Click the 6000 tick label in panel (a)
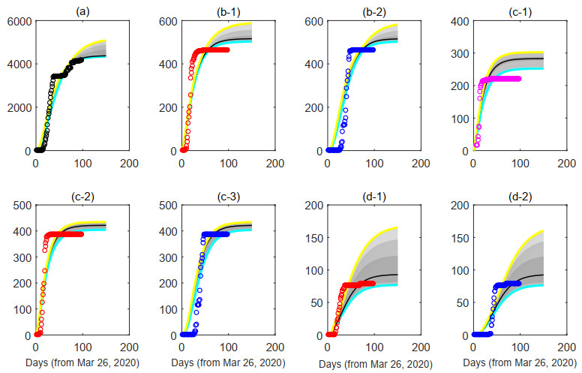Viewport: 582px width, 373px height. pyautogui.click(x=16, y=21)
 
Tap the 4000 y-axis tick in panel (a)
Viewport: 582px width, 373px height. pyautogui.click(x=16, y=65)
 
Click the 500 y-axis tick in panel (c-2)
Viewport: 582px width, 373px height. pyautogui.click(x=20, y=205)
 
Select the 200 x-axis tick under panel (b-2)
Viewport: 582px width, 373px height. pyautogui.click(x=419, y=163)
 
